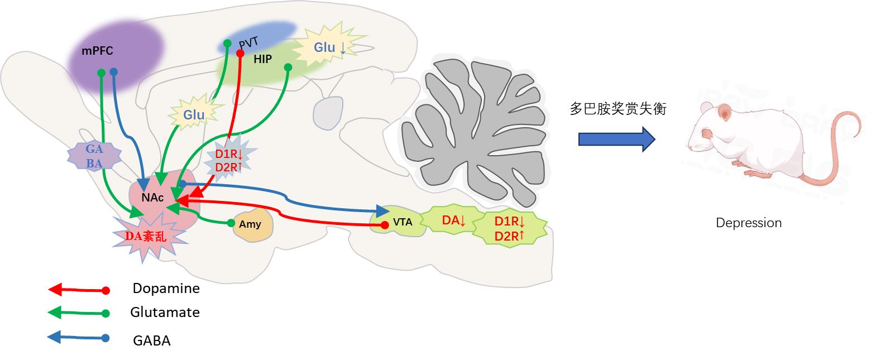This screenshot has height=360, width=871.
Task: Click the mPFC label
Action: point(97,51)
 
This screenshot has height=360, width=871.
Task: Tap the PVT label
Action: point(249,44)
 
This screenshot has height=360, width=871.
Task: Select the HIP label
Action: point(262,59)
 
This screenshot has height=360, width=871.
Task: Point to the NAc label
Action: point(152,198)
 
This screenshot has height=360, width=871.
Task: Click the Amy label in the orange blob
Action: point(250,224)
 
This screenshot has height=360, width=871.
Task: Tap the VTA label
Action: point(403,222)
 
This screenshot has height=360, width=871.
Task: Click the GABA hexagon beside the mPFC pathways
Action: point(94,156)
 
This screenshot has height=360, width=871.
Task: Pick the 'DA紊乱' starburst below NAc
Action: point(146,236)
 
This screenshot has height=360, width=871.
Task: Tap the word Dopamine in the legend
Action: point(166,289)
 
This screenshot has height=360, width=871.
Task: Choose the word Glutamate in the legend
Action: point(165,312)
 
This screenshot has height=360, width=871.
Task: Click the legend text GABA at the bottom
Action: point(151,340)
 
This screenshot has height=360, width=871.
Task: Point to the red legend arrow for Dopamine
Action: point(78,290)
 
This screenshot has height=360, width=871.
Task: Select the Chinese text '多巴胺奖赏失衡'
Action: point(618,108)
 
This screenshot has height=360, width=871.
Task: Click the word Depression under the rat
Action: point(749,223)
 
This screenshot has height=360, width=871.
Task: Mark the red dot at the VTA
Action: point(384,225)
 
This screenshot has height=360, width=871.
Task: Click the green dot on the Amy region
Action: point(231,223)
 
